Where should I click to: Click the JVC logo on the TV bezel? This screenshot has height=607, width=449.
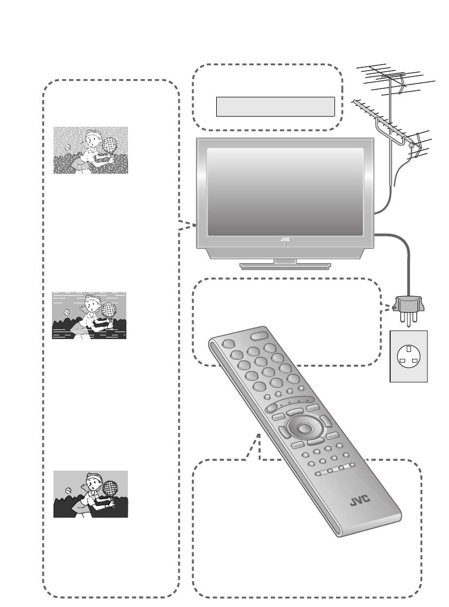point(285,239)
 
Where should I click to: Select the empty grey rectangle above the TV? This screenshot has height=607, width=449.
point(275,106)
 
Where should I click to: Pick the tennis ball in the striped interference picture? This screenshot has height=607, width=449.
point(67,312)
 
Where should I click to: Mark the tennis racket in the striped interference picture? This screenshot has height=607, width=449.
point(109,309)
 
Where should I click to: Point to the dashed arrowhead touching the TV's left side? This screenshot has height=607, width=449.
point(190,225)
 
